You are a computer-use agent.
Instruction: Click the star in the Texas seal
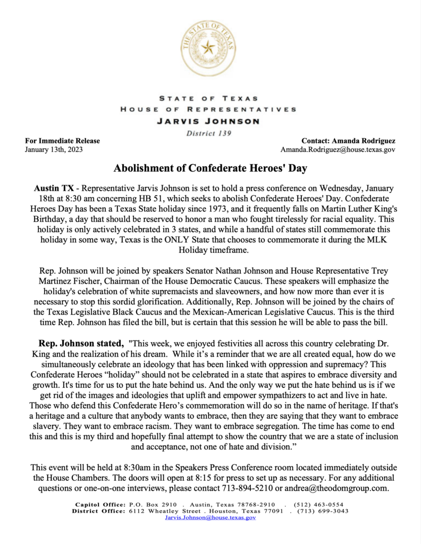[x=208, y=47]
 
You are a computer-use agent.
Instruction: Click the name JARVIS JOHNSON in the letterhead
[x=208, y=121]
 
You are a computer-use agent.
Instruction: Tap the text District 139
[x=208, y=133]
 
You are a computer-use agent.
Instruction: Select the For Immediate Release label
[x=63, y=141]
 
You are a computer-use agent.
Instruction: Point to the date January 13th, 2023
[x=54, y=150]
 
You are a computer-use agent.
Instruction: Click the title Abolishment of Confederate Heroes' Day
[x=210, y=169]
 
